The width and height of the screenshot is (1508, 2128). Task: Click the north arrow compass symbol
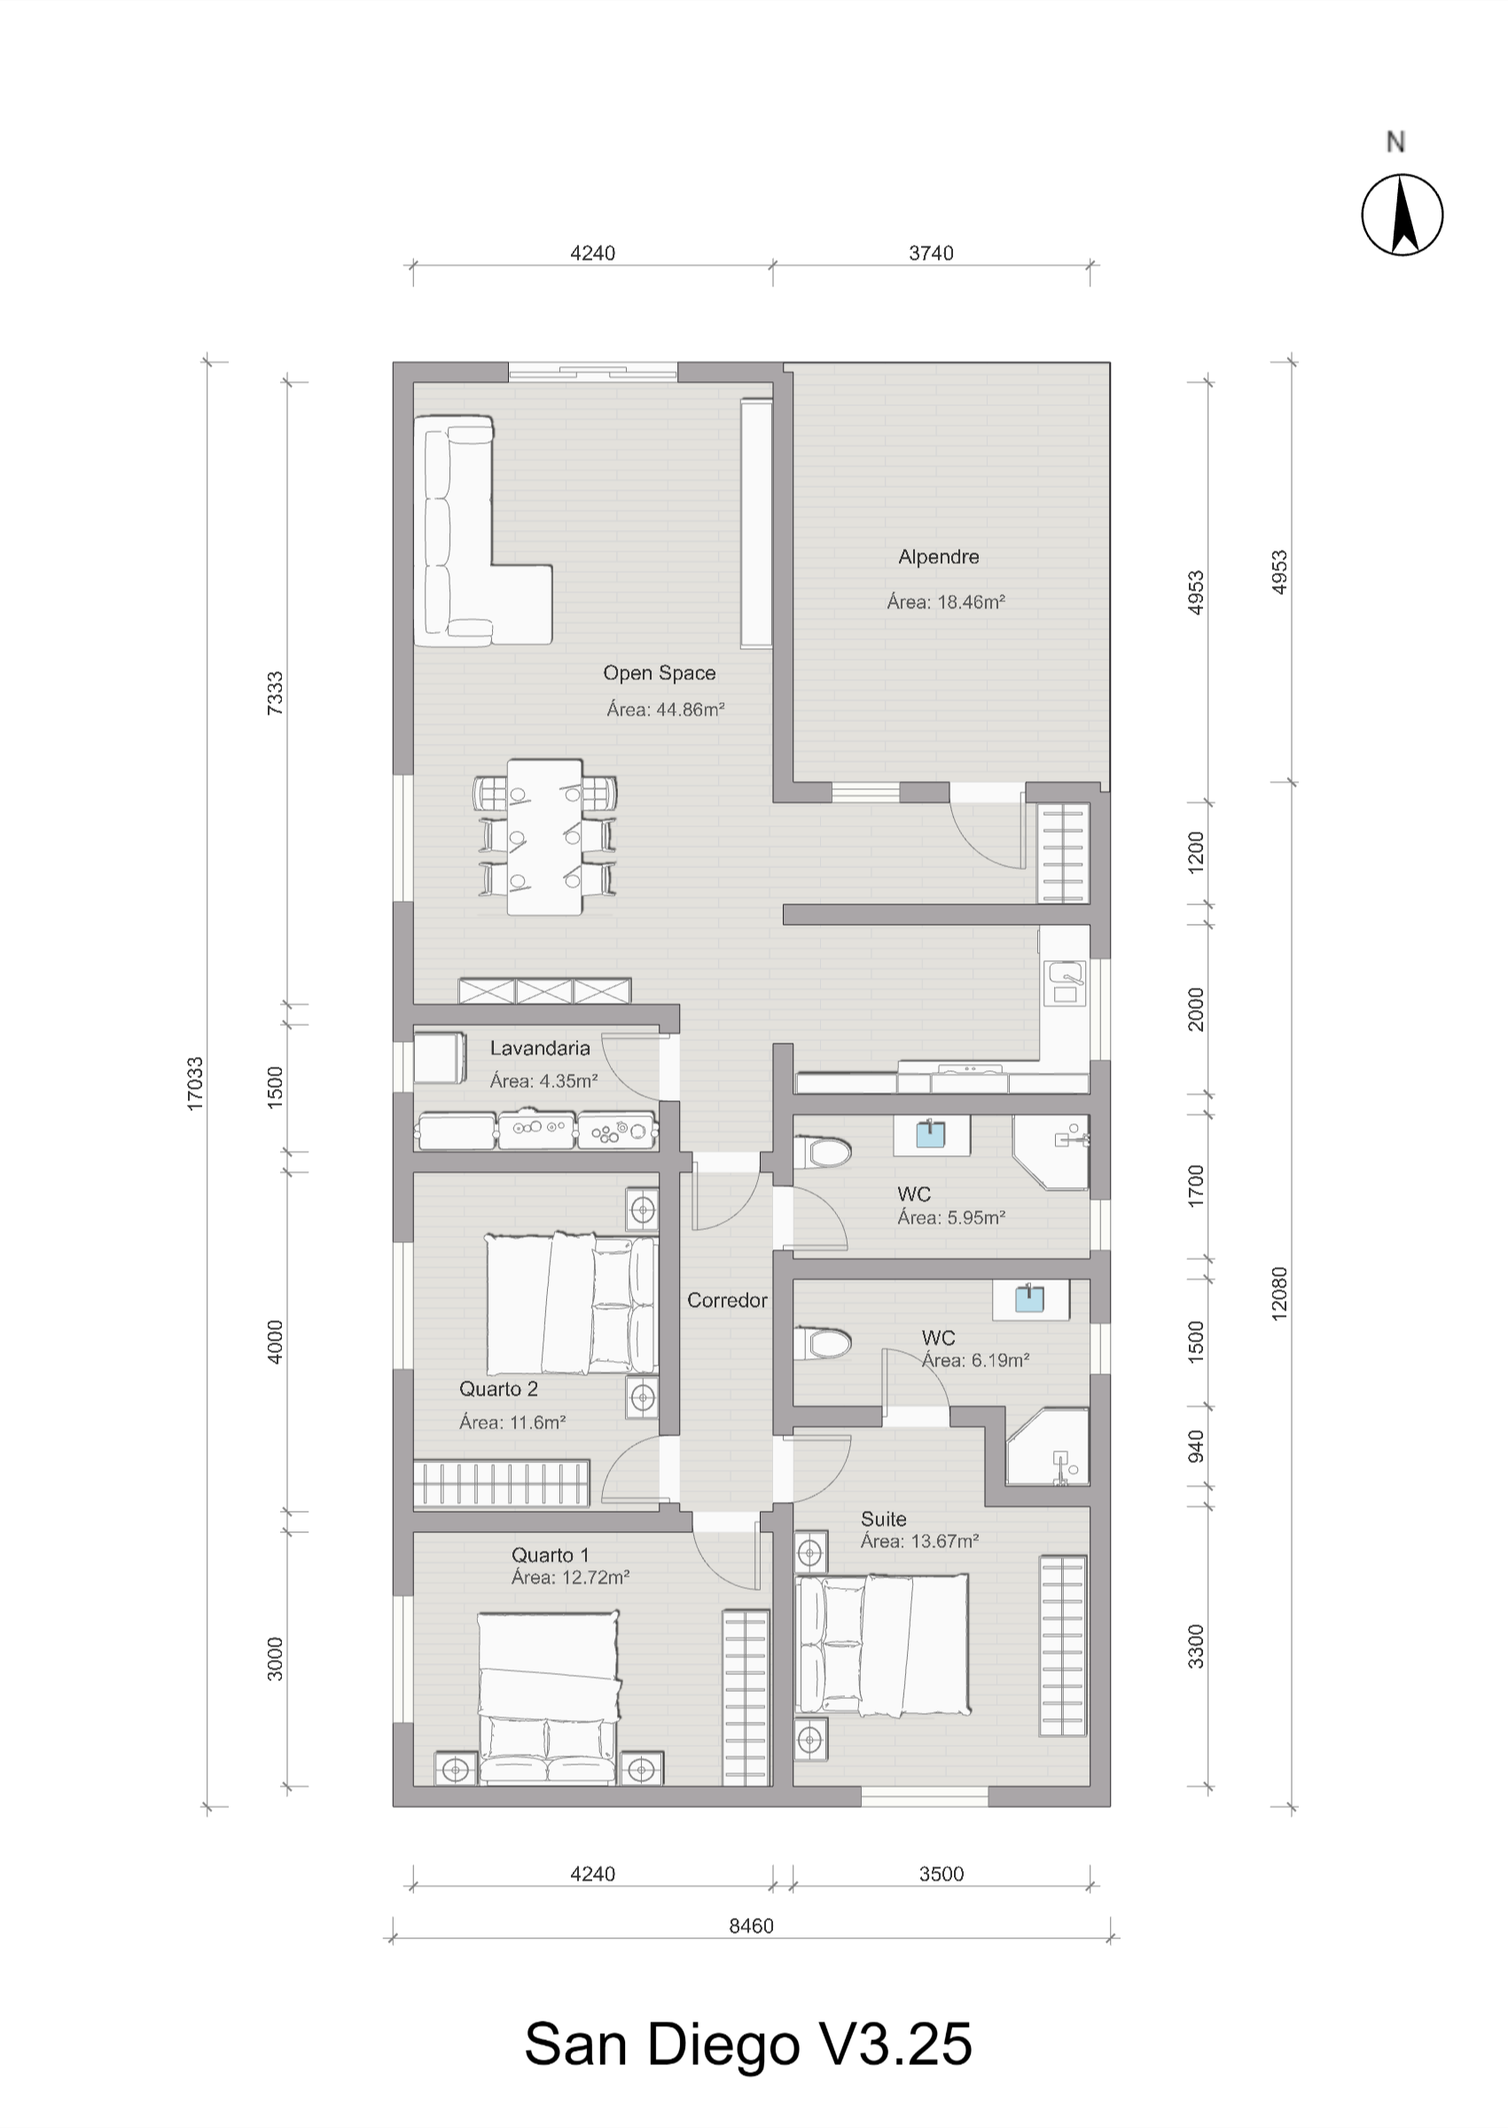tap(1403, 215)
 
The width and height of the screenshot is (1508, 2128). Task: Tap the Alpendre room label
tap(938, 557)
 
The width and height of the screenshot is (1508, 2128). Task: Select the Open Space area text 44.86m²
tap(665, 710)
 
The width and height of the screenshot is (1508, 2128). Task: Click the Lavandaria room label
tap(540, 1048)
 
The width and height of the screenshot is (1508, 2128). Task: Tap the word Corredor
tap(727, 1301)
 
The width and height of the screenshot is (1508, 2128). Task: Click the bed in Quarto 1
tap(548, 1699)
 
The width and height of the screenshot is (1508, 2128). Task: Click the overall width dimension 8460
tap(751, 1926)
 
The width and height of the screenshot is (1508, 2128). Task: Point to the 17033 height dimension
tap(195, 1083)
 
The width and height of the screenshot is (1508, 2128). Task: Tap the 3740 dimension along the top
tap(932, 254)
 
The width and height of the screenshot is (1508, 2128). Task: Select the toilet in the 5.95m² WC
tap(822, 1154)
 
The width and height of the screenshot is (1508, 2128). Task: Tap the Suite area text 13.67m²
tap(919, 1542)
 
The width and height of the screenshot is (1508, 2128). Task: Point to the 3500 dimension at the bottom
tap(942, 1874)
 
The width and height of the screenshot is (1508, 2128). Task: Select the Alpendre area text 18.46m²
tap(946, 602)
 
